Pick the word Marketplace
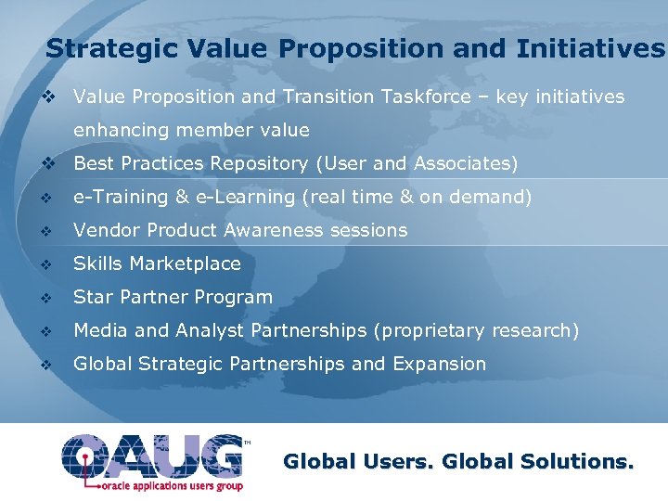185,264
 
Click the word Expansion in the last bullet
439,365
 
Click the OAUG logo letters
153,456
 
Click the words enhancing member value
191,131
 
